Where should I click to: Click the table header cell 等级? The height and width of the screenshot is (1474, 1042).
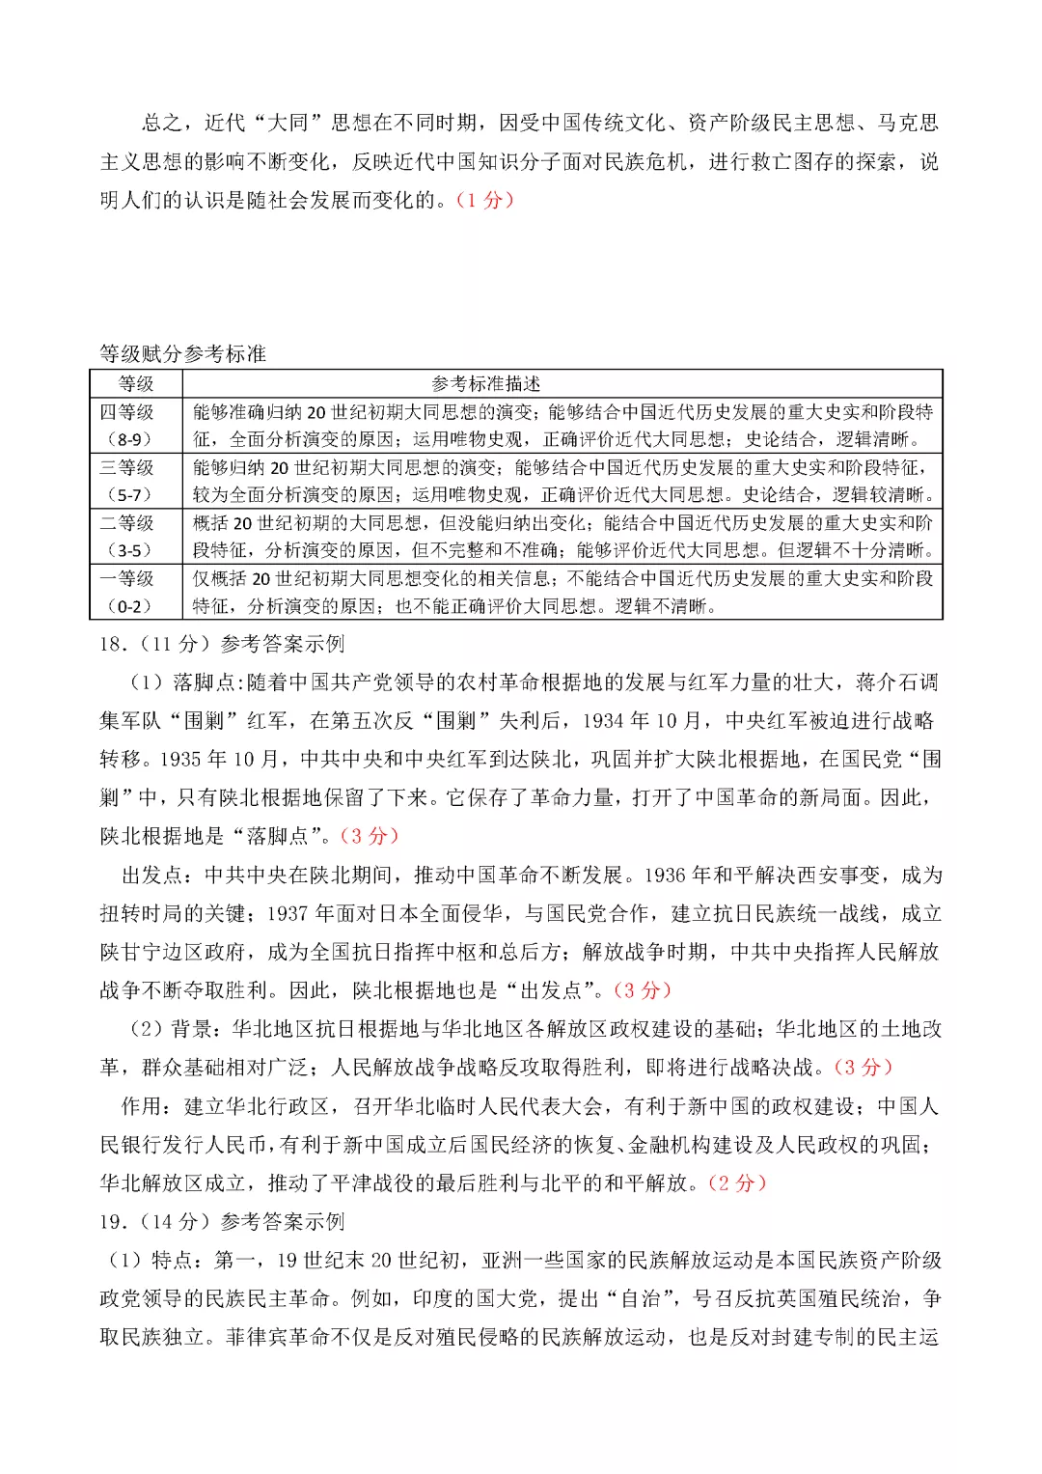136,383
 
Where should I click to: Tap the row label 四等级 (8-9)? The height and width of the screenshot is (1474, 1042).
127,425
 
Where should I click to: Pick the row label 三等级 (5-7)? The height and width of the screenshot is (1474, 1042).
127,481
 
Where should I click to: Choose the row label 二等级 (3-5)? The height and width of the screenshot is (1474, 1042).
127,536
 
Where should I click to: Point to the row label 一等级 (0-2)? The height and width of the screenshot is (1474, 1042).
127,592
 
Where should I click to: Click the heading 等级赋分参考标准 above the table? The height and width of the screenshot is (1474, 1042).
182,353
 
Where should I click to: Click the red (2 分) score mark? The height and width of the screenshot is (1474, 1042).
737,1182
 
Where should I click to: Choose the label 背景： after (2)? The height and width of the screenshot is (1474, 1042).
201,1029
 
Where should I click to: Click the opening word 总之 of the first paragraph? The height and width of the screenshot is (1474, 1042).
161,123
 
